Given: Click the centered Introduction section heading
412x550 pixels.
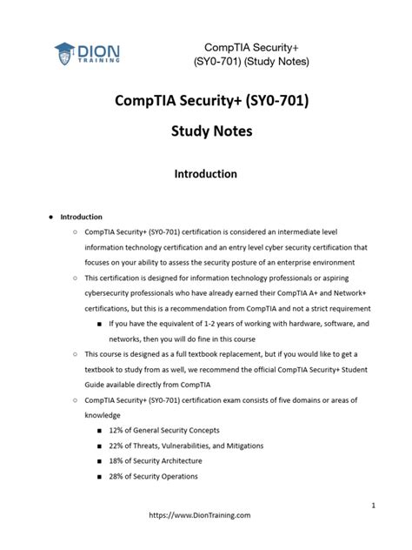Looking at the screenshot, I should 207,174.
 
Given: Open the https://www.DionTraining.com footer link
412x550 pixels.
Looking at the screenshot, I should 201,515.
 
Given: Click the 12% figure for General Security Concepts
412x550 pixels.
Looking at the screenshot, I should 134,431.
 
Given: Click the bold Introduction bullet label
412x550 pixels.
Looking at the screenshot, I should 78,217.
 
